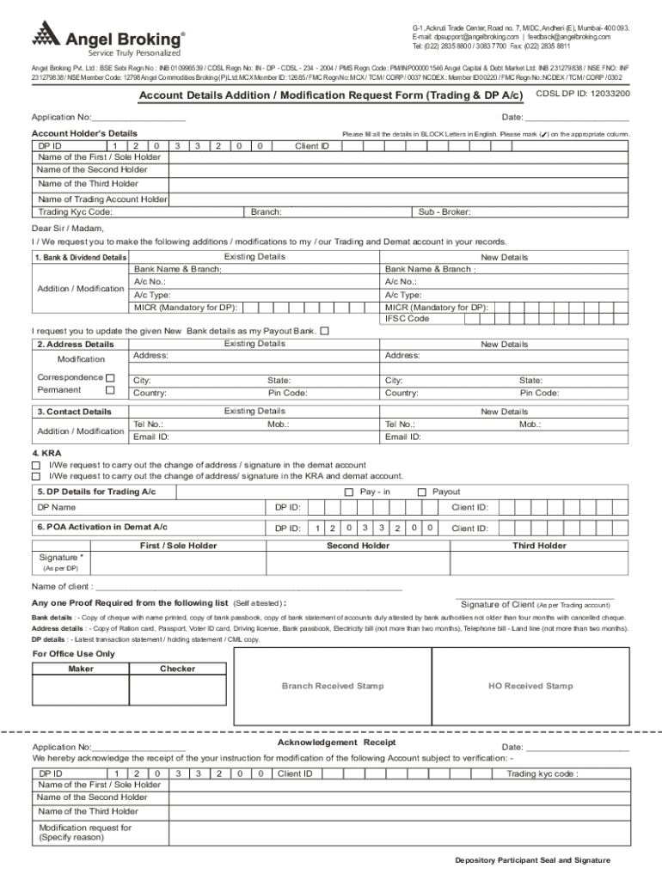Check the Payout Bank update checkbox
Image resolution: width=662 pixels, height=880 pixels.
[x=324, y=331]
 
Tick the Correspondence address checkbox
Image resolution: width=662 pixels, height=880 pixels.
[x=110, y=377]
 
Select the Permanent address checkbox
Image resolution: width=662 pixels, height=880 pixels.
[x=110, y=390]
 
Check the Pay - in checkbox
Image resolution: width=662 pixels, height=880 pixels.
[x=348, y=492]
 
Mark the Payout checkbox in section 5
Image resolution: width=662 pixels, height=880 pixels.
[x=421, y=492]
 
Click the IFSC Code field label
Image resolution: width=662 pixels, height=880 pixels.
[x=408, y=319]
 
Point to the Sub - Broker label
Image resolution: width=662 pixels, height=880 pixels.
[x=444, y=211]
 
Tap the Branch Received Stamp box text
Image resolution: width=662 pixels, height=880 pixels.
[x=333, y=686]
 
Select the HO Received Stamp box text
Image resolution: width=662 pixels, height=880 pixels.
[x=530, y=686]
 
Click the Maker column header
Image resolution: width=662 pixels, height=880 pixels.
[x=81, y=669]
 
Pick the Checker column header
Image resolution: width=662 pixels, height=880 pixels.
[x=178, y=669]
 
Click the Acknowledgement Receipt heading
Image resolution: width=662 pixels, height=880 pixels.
[x=336, y=742]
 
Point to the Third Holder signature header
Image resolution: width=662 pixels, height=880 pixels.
[x=539, y=546]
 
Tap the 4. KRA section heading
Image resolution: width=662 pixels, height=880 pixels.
[x=46, y=453]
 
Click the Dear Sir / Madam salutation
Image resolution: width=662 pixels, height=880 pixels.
[x=68, y=229]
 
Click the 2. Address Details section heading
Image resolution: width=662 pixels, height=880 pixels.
[x=76, y=345]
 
